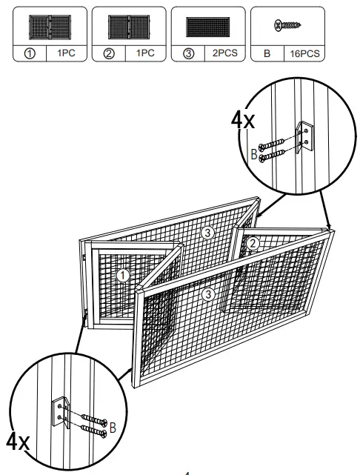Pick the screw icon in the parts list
(x=287, y=24)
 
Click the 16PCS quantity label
(x=304, y=54)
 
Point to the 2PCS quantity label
(x=224, y=54)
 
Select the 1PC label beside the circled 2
(x=144, y=54)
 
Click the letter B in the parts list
(x=267, y=54)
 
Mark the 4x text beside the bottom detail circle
(x=18, y=443)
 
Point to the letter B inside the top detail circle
(x=253, y=156)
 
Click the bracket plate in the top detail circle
(x=304, y=138)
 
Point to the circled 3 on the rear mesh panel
(x=207, y=233)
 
